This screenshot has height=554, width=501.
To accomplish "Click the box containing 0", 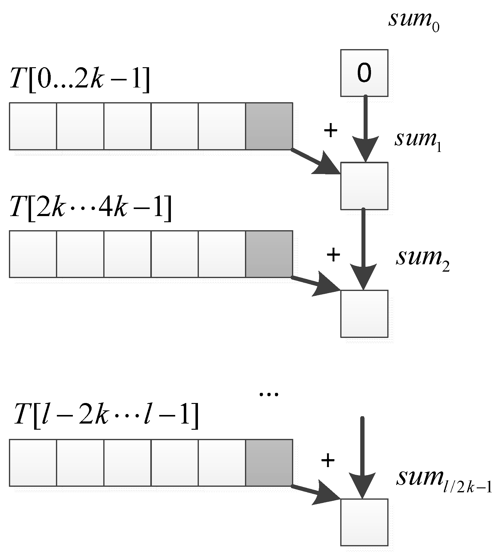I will point(364,73).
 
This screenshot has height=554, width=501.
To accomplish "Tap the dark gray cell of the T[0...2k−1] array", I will point(269,126).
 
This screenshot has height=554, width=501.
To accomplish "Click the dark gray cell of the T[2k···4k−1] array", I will point(269,254).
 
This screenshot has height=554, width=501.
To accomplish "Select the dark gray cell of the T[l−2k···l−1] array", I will point(269,463).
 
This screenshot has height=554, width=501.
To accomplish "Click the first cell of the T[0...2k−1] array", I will point(33,126).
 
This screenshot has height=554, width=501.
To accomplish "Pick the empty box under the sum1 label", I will point(364,186).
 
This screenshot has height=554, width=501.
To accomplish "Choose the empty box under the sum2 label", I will point(364,314).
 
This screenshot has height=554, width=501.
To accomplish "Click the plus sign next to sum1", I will point(331,131).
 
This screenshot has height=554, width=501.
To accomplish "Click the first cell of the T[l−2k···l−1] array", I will point(33,463).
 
